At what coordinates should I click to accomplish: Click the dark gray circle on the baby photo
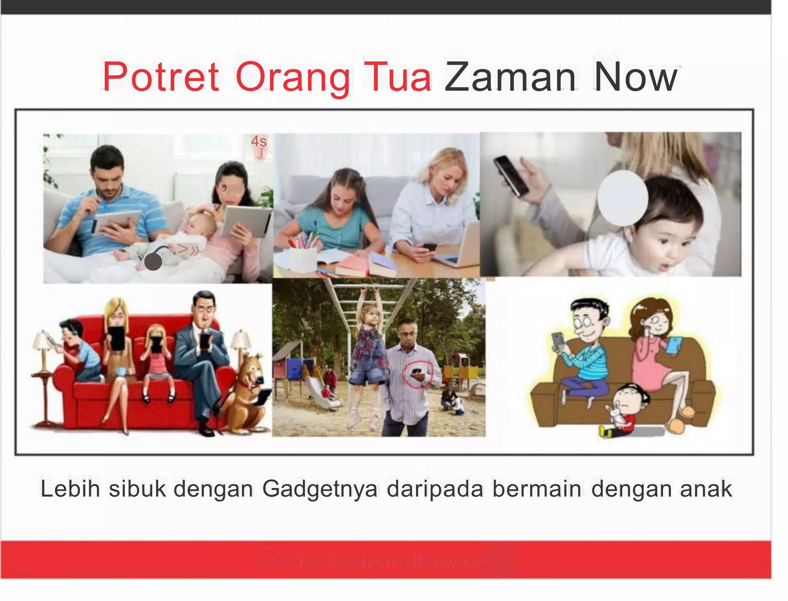pyautogui.click(x=153, y=262)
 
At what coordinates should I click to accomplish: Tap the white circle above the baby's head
pyautogui.click(x=623, y=198)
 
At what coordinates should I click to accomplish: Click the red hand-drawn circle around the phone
pyautogui.click(x=417, y=373)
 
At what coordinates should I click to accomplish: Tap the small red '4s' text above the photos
pyautogui.click(x=259, y=141)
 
